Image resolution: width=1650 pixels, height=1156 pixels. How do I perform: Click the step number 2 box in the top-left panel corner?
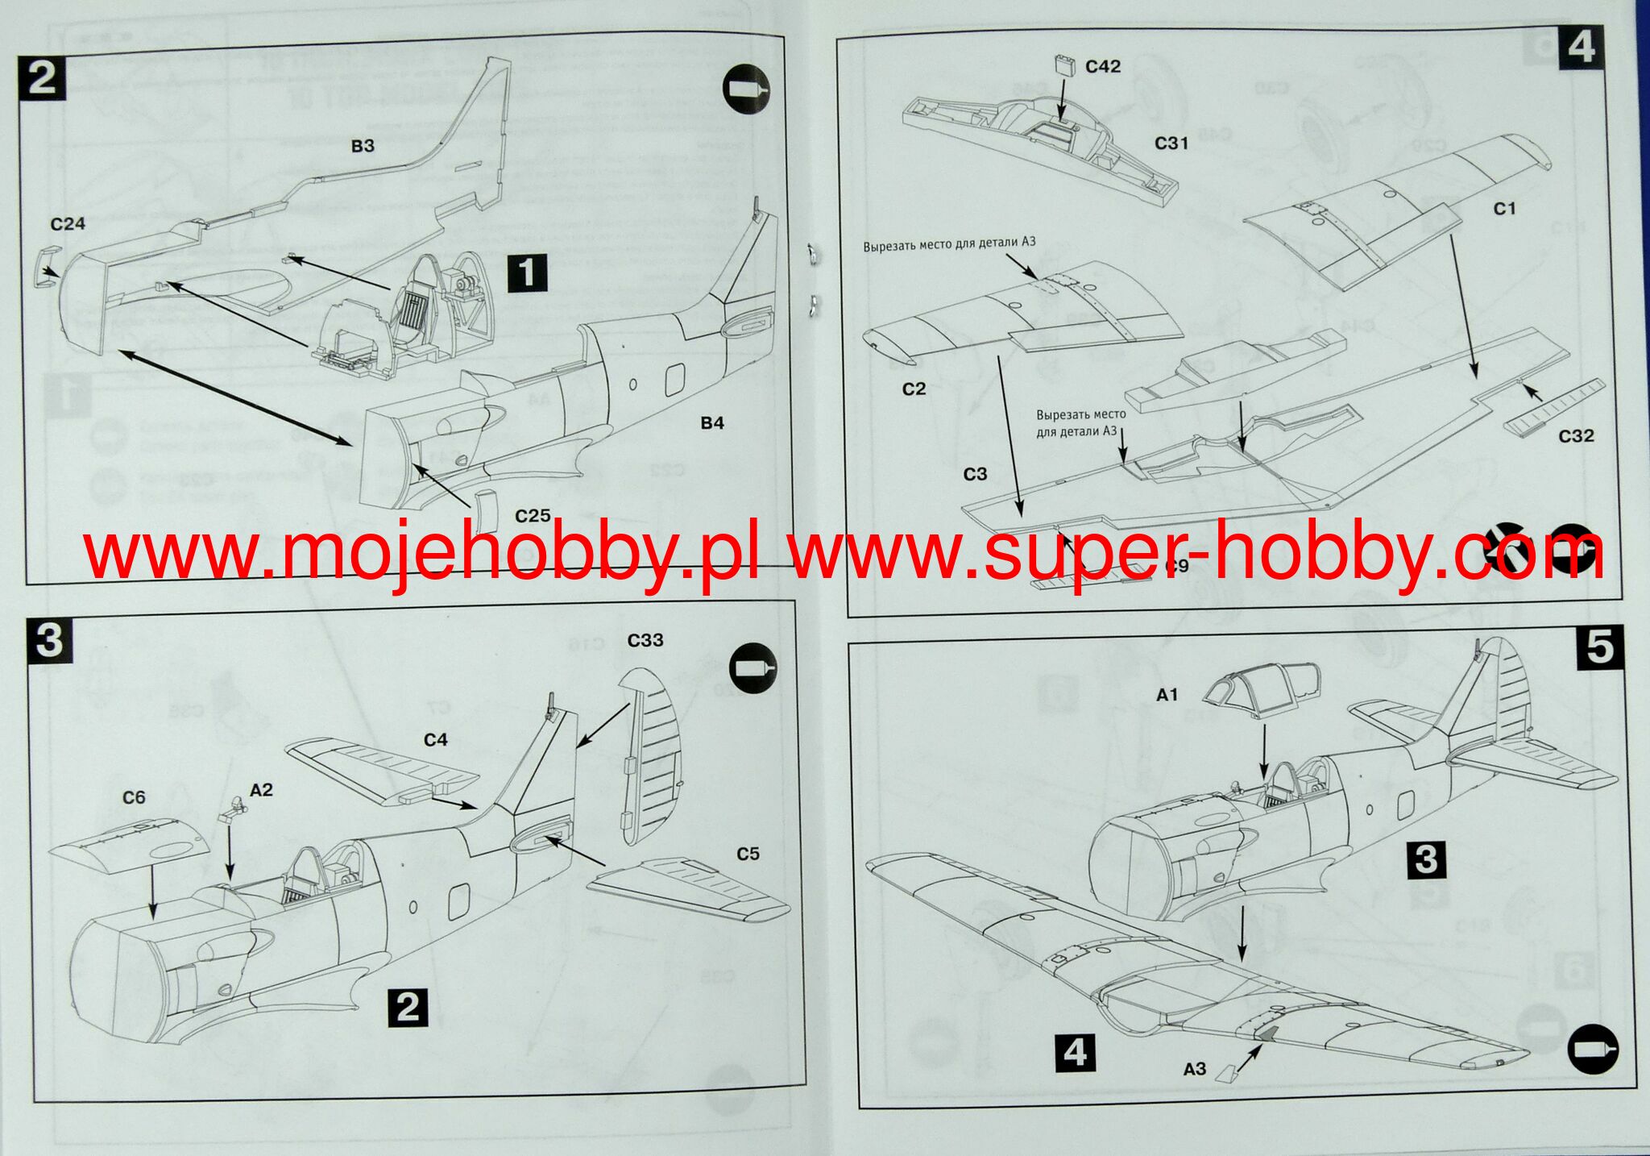pyautogui.click(x=43, y=78)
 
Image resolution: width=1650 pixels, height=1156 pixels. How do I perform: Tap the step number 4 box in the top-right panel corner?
pyautogui.click(x=1581, y=47)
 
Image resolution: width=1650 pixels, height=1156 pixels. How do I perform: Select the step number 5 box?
pyautogui.click(x=1599, y=647)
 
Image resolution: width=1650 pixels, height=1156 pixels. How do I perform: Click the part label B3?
pyautogui.click(x=363, y=146)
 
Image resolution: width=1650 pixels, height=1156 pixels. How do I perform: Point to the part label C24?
pyautogui.click(x=68, y=224)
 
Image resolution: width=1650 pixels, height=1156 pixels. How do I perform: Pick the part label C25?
pyautogui.click(x=533, y=516)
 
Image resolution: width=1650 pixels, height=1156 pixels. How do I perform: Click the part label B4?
pyautogui.click(x=712, y=423)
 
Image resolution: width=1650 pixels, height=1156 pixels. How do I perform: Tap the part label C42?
pyautogui.click(x=1103, y=67)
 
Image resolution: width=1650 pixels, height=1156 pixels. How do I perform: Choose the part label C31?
pyautogui.click(x=1171, y=143)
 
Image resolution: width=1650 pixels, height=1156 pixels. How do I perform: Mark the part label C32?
pyautogui.click(x=1576, y=436)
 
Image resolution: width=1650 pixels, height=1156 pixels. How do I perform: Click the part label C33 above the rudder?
pyautogui.click(x=645, y=640)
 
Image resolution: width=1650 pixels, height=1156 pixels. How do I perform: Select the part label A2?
pyautogui.click(x=261, y=790)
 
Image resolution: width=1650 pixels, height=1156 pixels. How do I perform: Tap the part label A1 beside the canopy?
pyautogui.click(x=1167, y=695)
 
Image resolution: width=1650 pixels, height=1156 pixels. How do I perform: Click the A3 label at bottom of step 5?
pyautogui.click(x=1195, y=1069)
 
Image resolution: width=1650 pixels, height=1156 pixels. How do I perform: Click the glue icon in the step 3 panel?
pyautogui.click(x=752, y=668)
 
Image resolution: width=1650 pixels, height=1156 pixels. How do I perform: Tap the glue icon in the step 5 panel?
pyautogui.click(x=1592, y=1049)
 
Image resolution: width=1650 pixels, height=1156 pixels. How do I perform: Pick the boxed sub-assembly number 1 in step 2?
pyautogui.click(x=527, y=272)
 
